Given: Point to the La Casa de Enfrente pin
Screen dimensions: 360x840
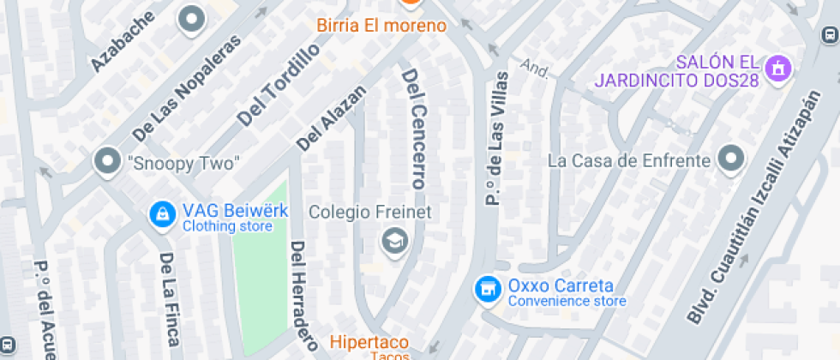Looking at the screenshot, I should [x=730, y=159].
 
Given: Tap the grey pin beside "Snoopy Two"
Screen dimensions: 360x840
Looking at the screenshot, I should [x=107, y=161].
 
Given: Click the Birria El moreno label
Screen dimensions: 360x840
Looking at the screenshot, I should [x=381, y=26].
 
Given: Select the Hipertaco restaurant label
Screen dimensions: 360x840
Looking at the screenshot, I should [x=369, y=343].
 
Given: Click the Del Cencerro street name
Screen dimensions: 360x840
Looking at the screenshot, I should [x=414, y=129].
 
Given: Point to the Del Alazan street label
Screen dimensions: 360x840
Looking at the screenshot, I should [x=331, y=118].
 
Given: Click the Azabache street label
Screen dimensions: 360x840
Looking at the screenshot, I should [x=123, y=42].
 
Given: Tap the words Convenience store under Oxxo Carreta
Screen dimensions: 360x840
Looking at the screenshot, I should [x=567, y=301].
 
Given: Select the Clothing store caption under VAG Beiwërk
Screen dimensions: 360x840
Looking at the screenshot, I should [x=227, y=226].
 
